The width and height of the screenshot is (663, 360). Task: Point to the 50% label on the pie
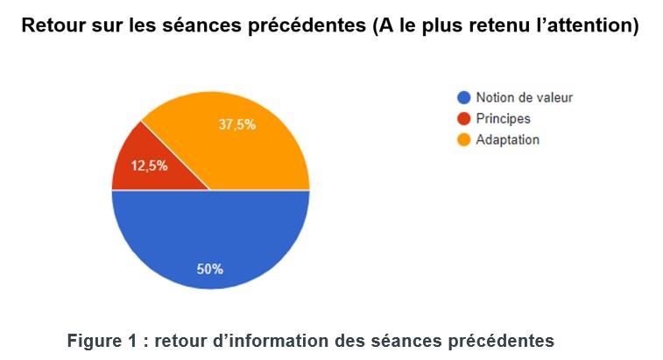[210, 269]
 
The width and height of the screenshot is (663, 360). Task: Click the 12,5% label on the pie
[149, 166]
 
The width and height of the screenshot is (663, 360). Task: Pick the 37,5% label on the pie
[236, 124]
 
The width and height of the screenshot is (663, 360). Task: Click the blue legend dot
[463, 97]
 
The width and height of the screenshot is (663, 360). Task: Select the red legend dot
[463, 118]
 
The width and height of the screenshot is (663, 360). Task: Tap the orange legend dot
[463, 139]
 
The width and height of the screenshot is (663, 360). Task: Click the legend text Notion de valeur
[524, 97]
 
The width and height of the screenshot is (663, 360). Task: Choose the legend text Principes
[503, 118]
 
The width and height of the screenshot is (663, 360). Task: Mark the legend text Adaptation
[507, 139]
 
